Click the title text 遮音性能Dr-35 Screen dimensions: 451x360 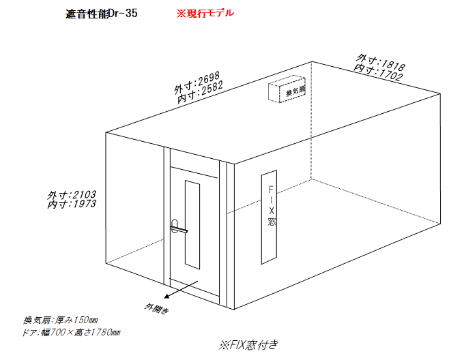pos(101,14)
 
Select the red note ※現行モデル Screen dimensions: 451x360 pos(205,13)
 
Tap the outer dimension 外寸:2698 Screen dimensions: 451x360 pos(197,82)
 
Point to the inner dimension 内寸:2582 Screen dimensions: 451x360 pos(200,92)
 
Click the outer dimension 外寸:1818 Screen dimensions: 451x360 pos(381,62)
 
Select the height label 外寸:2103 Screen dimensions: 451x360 pos(72,195)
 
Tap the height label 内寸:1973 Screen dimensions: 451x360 pos(72,205)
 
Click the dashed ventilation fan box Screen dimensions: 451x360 pos(287,89)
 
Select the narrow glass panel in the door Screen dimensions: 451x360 pos(192,225)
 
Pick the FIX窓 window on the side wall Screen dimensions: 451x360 pos(270,217)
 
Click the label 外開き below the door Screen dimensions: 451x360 pos(156,308)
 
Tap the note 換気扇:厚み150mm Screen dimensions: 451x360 pos(61,320)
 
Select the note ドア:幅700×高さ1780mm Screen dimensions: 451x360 pos(71,333)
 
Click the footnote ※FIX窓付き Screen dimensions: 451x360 pos(248,345)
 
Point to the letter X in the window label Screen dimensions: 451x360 pos(272,211)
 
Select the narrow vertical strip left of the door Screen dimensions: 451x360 pos(167,217)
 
